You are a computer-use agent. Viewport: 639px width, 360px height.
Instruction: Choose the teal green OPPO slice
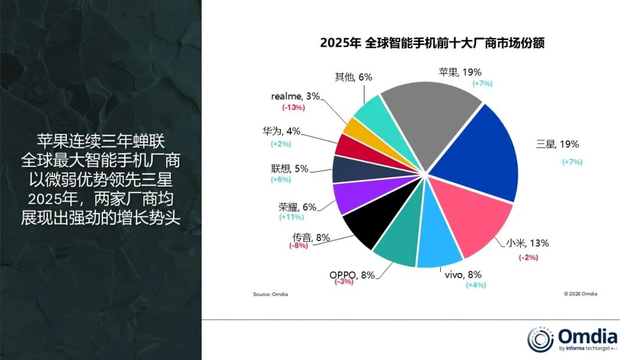tap(396, 246)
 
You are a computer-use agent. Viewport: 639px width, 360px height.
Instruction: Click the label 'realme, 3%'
tap(296, 96)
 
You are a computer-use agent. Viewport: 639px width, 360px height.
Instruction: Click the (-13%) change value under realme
tap(293, 107)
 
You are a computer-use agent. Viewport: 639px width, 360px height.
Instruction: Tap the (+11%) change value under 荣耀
tap(291, 217)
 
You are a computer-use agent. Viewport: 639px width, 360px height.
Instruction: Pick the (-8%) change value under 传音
tap(298, 245)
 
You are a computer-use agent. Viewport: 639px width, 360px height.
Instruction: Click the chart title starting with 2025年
tap(432, 43)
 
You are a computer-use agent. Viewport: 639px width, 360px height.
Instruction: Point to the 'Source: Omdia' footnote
tap(270, 294)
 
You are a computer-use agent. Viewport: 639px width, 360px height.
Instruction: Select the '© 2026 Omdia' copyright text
tap(580, 294)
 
